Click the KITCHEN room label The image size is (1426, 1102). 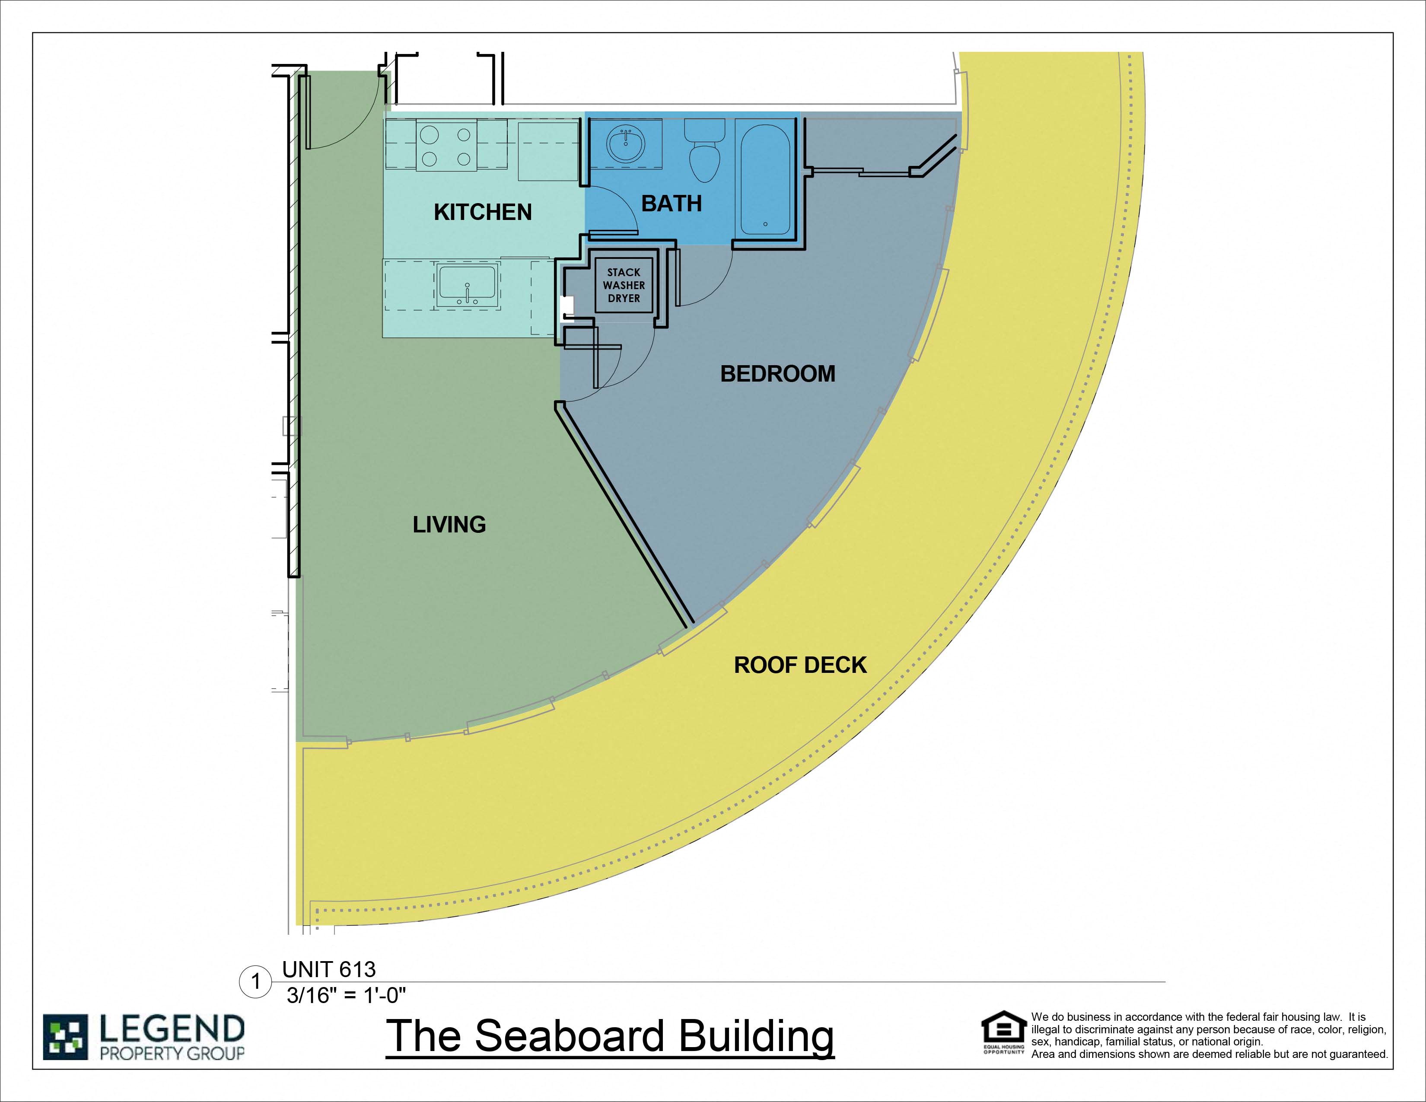pos(483,212)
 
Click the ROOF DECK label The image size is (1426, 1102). pos(800,665)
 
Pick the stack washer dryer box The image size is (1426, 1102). pos(624,285)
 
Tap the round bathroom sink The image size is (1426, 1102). pos(626,143)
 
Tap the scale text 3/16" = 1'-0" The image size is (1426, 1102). pos(346,996)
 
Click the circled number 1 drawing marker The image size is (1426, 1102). pos(256,982)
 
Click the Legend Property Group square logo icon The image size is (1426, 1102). pos(65,1037)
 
